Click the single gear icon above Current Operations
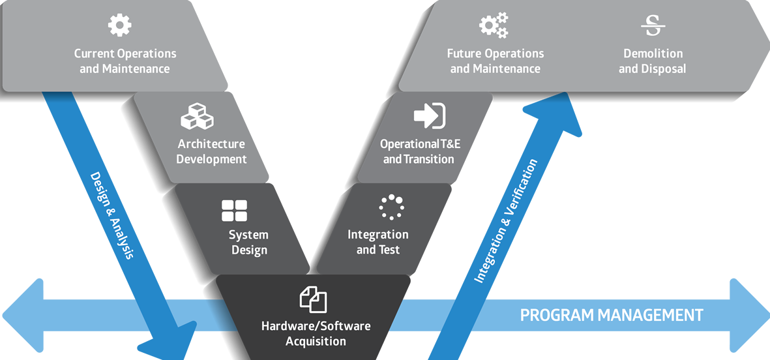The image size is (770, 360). [119, 25]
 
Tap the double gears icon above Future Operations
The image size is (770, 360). [494, 25]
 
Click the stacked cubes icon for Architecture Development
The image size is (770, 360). [197, 117]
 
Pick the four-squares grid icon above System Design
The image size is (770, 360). [235, 211]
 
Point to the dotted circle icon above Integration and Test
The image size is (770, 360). [391, 207]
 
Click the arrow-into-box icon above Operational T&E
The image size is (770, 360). [430, 116]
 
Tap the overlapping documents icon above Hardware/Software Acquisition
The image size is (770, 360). [313, 299]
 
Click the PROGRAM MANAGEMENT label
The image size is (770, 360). [611, 316]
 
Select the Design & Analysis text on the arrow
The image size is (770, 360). [111, 216]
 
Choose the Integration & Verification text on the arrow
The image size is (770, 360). [507, 221]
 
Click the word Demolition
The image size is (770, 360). [653, 53]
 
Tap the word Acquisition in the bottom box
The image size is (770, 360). [316, 341]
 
